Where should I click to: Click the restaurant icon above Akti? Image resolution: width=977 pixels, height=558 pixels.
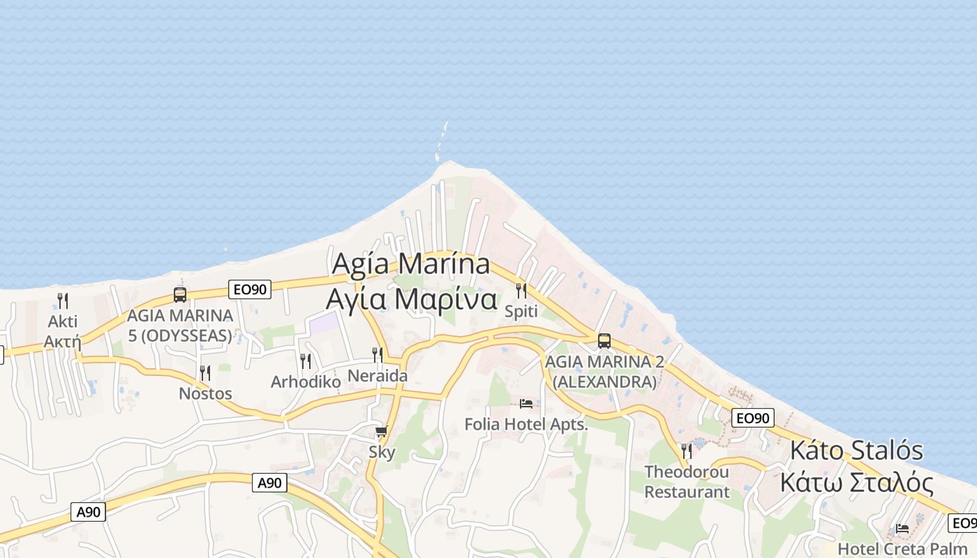tap(63, 301)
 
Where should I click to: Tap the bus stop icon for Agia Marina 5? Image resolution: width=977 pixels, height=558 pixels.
tap(180, 294)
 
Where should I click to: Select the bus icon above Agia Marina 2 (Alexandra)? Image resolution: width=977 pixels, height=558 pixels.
tap(604, 341)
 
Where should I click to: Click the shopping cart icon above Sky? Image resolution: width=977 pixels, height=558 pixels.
tap(381, 432)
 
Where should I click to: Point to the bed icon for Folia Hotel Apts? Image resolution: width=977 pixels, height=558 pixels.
tap(526, 403)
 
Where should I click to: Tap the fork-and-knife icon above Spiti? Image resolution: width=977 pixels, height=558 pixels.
tap(521, 290)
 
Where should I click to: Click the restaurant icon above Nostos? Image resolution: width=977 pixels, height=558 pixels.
tap(205, 373)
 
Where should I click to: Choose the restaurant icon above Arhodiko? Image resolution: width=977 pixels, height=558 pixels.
tap(306, 361)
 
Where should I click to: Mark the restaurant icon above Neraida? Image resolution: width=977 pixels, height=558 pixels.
tap(378, 354)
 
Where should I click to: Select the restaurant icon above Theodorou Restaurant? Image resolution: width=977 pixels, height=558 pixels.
tap(687, 451)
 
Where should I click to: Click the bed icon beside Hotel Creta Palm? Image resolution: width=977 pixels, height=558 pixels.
tap(902, 528)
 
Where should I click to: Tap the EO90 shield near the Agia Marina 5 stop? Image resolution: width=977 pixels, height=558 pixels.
tap(249, 289)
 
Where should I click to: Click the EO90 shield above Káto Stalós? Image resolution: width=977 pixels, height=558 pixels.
tap(753, 418)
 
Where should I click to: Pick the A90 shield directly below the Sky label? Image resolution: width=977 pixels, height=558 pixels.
tap(269, 482)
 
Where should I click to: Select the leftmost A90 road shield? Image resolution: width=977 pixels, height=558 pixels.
tap(89, 512)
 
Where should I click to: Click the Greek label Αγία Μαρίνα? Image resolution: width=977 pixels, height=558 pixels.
tap(411, 299)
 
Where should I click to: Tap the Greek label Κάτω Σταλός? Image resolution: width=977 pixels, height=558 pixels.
tap(856, 483)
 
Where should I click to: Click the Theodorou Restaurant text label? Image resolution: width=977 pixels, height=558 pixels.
tap(687, 482)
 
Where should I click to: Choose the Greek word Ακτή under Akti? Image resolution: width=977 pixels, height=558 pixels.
tap(63, 342)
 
